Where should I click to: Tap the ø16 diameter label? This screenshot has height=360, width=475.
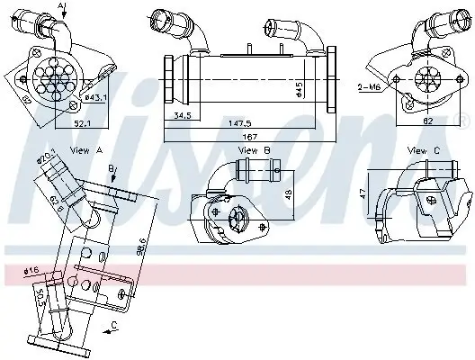pyautogui.click(x=32, y=269)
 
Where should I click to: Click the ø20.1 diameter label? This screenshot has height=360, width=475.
pyautogui.click(x=48, y=159)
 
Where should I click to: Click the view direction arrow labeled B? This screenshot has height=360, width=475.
pyautogui.click(x=111, y=170)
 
